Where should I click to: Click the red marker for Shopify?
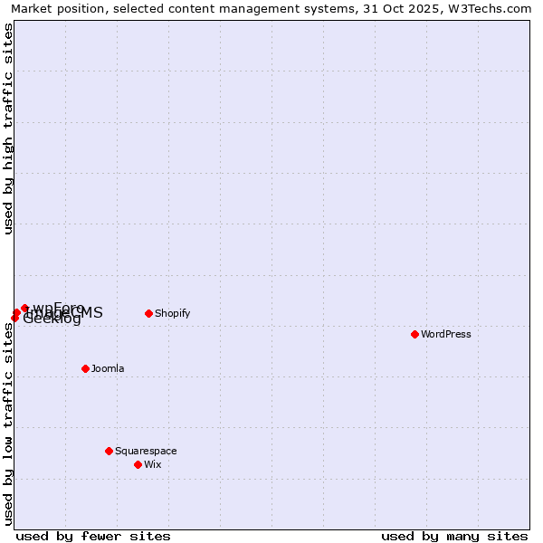(148, 314)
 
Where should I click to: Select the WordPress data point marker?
(414, 334)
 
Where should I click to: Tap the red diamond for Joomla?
(85, 368)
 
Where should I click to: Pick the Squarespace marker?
(109, 451)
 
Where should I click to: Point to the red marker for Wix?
(138, 464)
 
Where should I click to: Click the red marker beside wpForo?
(24, 309)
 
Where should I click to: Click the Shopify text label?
(172, 314)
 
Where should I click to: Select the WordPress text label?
(445, 334)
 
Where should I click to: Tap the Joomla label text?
(108, 368)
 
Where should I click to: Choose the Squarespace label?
(146, 451)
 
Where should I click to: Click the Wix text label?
(152, 464)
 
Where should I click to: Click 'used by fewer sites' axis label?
(93, 536)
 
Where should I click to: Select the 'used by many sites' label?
(454, 536)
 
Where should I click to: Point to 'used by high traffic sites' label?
(9, 129)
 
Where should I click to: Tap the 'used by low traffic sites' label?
(9, 424)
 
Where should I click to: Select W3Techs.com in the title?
(496, 9)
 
